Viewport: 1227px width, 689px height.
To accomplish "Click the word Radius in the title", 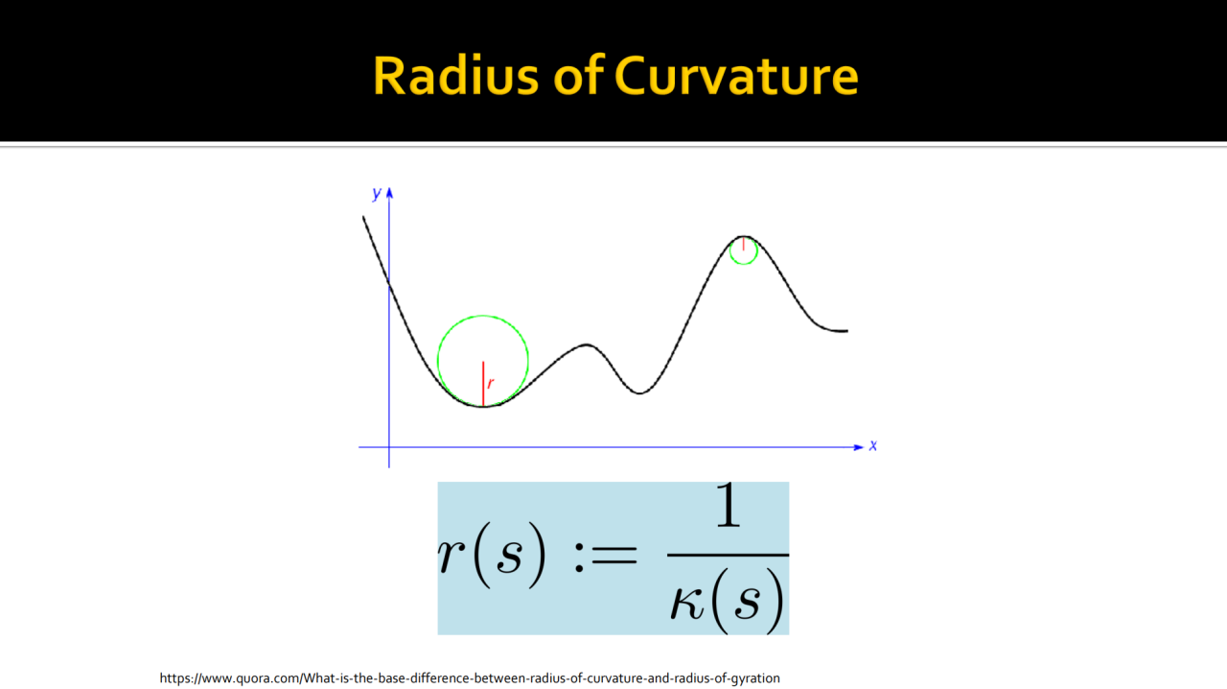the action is click(x=455, y=76).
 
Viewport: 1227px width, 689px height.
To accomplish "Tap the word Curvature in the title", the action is click(x=736, y=76).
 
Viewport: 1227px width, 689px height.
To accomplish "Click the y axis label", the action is click(x=377, y=193).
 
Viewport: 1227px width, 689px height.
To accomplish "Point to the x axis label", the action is click(x=873, y=445).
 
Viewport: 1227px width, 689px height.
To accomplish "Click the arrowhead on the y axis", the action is click(x=389, y=193).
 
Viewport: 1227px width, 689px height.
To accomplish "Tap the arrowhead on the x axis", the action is click(x=859, y=447).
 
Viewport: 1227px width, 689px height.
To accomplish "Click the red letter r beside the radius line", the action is click(x=491, y=382).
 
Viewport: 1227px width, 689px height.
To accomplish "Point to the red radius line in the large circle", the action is click(x=483, y=384).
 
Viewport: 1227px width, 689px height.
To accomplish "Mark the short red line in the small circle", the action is click(x=743, y=244).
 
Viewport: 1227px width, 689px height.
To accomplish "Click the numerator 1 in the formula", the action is click(x=728, y=505).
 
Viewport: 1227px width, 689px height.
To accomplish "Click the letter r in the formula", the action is click(x=451, y=555).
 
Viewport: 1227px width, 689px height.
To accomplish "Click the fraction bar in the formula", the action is click(x=728, y=556).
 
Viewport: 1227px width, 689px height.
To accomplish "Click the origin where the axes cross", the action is click(x=389, y=447).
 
